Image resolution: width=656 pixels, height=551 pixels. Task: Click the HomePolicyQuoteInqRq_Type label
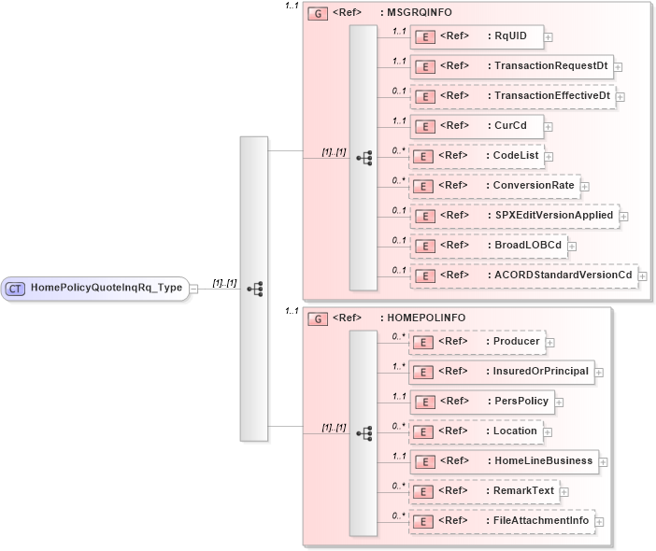coord(107,289)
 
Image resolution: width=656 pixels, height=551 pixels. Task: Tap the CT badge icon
coord(16,289)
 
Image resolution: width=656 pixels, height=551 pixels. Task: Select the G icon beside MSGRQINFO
coord(318,15)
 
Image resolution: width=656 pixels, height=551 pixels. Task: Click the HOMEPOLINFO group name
coord(420,318)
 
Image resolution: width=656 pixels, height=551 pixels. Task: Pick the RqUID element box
coord(477,36)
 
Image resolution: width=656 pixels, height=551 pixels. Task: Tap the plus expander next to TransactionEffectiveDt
coord(620,97)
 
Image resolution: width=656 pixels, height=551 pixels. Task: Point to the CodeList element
coord(477,156)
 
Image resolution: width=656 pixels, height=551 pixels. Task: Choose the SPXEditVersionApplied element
coord(513,215)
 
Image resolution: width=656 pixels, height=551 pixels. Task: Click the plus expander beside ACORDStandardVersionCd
coord(642,275)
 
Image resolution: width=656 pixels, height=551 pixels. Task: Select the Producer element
coord(477,342)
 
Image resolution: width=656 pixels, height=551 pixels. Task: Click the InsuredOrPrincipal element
coord(501,372)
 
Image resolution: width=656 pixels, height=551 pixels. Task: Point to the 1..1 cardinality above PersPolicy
coord(399,397)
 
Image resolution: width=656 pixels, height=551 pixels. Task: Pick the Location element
coord(476,431)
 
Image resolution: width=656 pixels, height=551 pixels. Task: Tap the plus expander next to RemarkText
coord(564,492)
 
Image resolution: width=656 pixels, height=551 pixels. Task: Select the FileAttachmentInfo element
coord(501,520)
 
